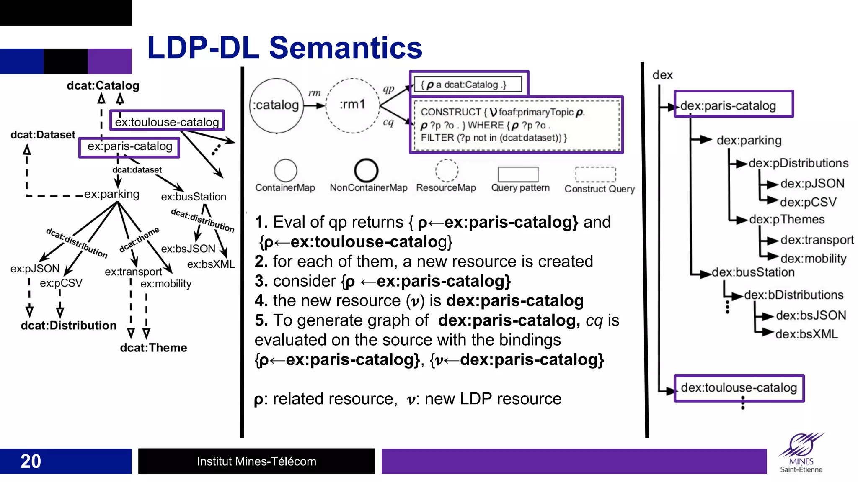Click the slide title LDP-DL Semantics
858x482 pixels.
click(284, 48)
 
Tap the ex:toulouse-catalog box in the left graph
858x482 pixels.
click(167, 121)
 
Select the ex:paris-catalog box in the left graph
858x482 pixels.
click(129, 147)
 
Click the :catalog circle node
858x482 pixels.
click(276, 105)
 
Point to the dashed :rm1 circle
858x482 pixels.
click(352, 105)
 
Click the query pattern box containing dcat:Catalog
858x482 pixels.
click(468, 84)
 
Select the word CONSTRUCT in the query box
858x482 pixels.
click(451, 112)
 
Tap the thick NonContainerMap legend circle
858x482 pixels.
click(366, 170)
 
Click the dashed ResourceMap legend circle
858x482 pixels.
click(447, 170)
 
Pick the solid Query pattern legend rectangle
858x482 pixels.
click(518, 174)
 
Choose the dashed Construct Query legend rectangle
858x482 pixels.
click(595, 174)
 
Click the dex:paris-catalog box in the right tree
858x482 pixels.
click(733, 105)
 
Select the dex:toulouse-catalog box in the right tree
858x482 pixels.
click(739, 388)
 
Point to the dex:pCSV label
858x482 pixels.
click(808, 202)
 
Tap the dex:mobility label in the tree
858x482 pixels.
click(813, 259)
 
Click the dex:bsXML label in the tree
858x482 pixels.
click(806, 334)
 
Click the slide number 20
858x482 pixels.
click(31, 461)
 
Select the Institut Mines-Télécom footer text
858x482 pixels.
click(256, 461)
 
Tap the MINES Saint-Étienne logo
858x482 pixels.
click(801, 453)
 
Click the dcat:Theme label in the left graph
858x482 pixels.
click(153, 348)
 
